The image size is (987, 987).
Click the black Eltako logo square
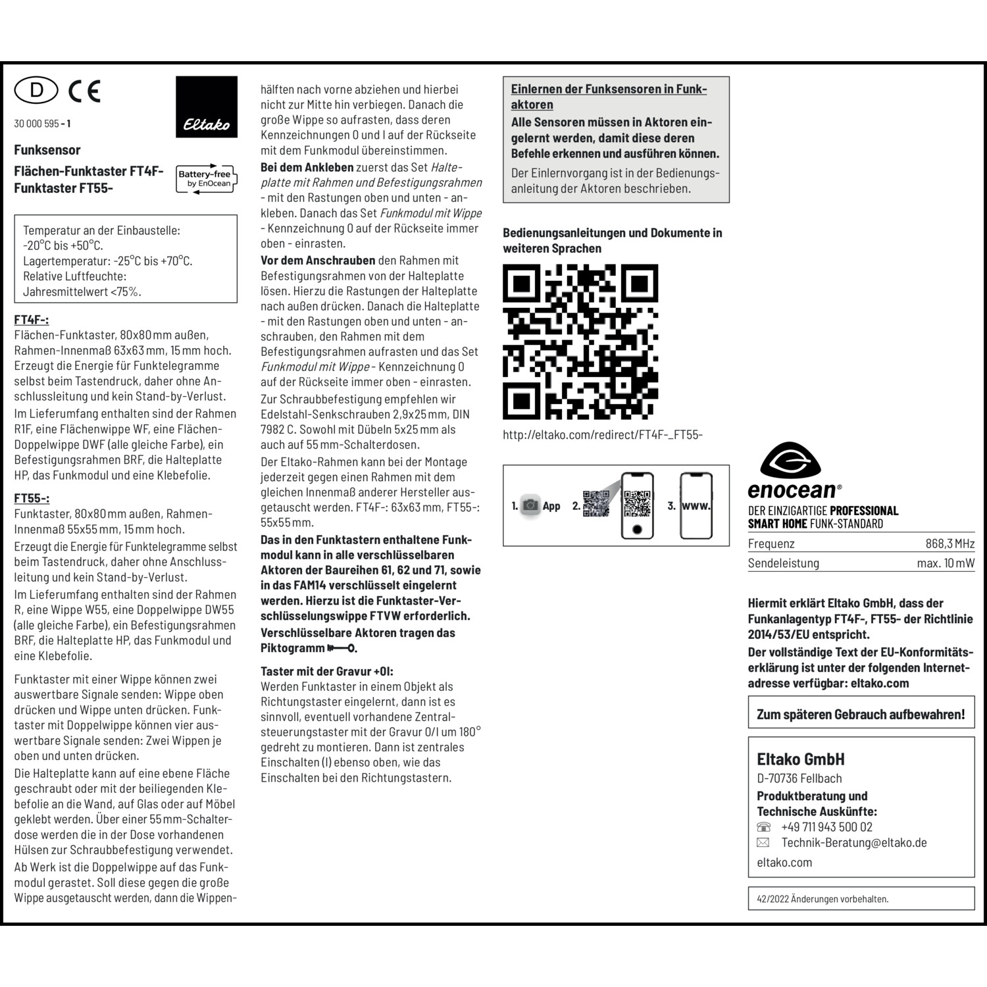(x=207, y=107)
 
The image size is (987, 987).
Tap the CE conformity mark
(x=84, y=91)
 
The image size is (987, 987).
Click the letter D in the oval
(x=36, y=90)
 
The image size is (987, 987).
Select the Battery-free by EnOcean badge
(x=206, y=178)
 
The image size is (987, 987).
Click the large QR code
(x=580, y=342)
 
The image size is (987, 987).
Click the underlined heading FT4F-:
(x=32, y=320)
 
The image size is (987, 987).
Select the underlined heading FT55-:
(x=32, y=498)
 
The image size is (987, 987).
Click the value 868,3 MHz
(x=949, y=544)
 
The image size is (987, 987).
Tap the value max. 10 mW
(x=946, y=563)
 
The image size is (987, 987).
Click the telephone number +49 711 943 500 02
(x=826, y=827)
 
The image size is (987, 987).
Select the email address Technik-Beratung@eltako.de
(x=853, y=843)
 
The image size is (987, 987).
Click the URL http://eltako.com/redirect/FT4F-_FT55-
(x=603, y=435)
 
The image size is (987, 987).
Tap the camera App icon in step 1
(x=530, y=505)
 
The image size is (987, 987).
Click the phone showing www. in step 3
(x=696, y=505)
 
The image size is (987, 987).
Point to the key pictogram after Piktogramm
(x=341, y=648)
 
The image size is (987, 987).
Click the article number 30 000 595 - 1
(x=42, y=124)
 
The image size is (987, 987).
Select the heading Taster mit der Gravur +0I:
(x=326, y=671)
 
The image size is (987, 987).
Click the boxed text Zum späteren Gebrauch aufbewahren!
(x=861, y=715)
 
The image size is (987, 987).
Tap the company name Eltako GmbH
(x=800, y=759)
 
